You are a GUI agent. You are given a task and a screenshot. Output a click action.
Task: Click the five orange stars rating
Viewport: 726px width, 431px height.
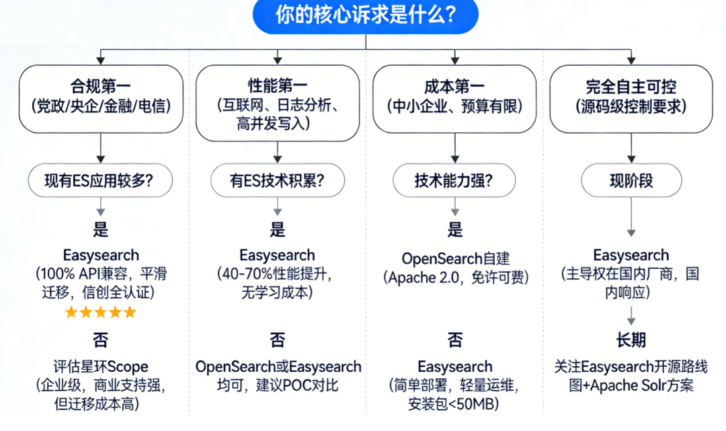[100, 312]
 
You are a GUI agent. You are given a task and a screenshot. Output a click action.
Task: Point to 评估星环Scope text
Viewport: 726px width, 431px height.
[100, 367]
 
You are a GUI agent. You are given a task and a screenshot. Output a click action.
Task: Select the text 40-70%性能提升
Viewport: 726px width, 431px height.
[277, 274]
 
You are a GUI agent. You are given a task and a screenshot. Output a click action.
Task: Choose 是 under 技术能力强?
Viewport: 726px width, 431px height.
[454, 230]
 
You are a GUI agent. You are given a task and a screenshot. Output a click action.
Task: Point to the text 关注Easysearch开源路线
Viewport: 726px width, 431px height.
[631, 367]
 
